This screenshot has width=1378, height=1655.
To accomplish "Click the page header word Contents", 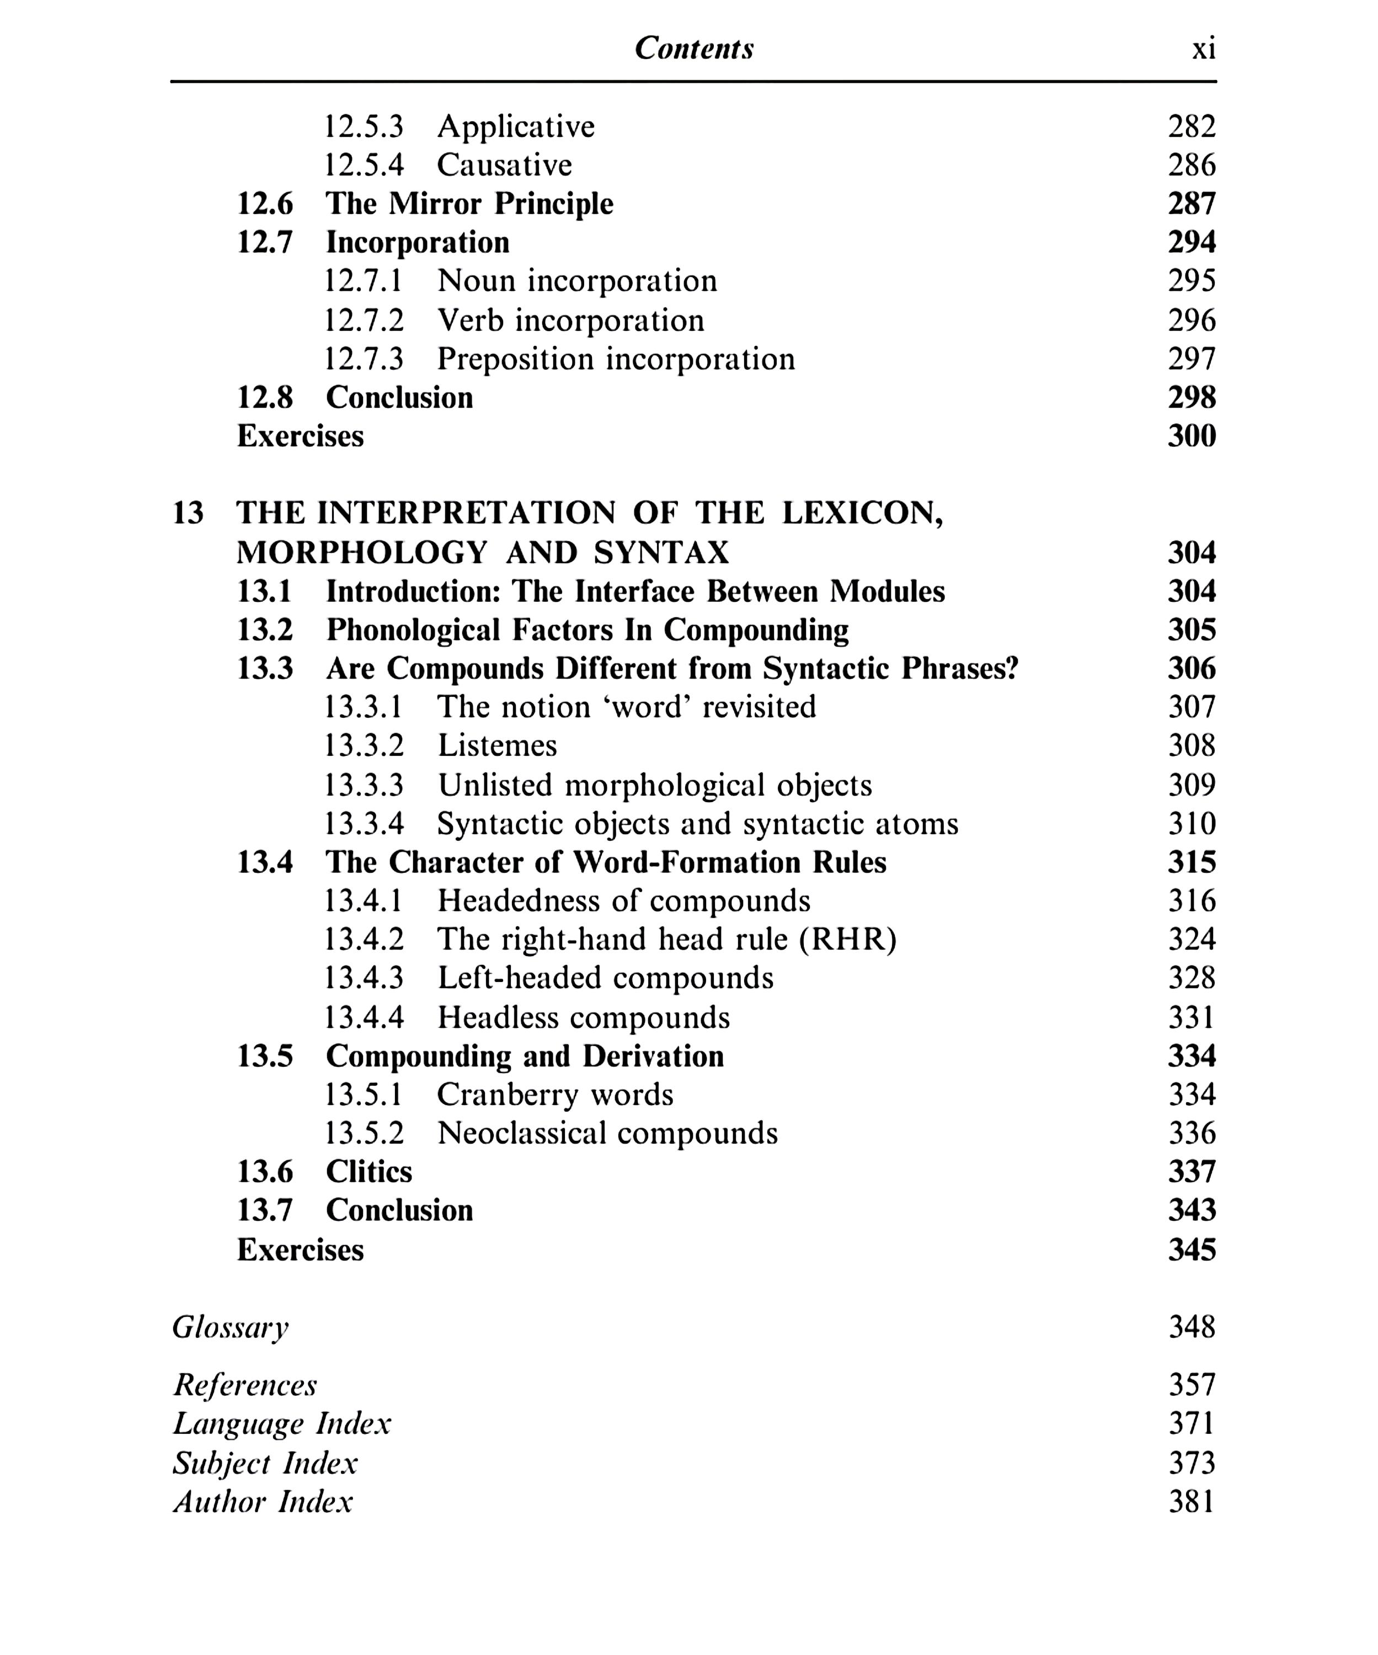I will click(x=693, y=49).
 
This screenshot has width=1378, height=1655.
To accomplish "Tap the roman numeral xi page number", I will click(x=1203, y=49).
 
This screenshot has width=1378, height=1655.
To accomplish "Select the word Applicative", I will click(x=516, y=126).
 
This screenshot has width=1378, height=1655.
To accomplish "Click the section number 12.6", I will click(x=265, y=204).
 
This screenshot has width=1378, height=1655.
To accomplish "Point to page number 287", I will click(x=1192, y=204).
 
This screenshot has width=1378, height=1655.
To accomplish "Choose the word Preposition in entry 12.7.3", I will click(x=515, y=359).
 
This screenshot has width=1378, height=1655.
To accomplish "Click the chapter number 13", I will click(x=188, y=513).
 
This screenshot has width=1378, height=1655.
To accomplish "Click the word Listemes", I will click(x=497, y=745).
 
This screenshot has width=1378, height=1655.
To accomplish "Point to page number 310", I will click(x=1192, y=824).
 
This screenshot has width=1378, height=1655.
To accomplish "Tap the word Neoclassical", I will click(x=521, y=1133).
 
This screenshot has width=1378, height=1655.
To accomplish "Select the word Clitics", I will click(x=368, y=1172).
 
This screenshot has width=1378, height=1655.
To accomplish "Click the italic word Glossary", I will click(x=230, y=1327).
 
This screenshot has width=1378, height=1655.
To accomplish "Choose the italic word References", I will click(x=244, y=1385).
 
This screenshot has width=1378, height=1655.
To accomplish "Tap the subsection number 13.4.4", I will click(x=364, y=1017).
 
